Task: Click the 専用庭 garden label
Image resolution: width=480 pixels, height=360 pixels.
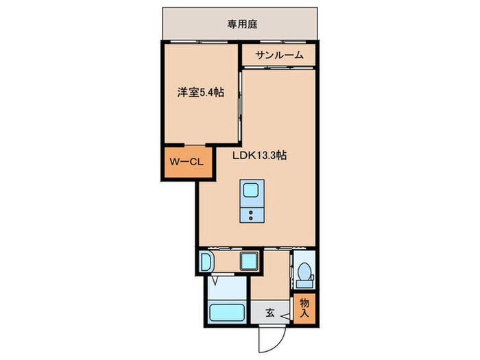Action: [242, 24]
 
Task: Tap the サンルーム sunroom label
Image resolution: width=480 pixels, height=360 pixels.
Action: [279, 56]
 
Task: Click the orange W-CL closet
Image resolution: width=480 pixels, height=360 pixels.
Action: [180, 163]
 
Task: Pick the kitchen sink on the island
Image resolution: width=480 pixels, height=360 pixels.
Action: [250, 190]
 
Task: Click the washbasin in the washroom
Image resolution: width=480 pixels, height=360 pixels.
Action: [206, 261]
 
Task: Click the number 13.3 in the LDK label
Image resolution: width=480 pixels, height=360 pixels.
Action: [267, 156]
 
